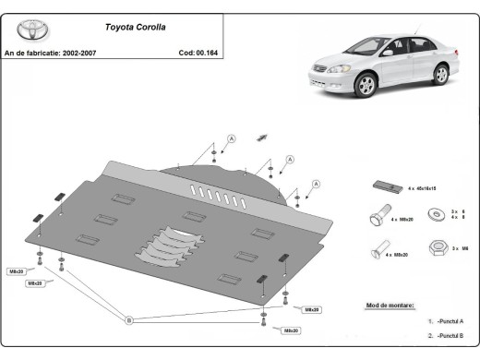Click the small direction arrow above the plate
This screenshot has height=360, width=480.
262,137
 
